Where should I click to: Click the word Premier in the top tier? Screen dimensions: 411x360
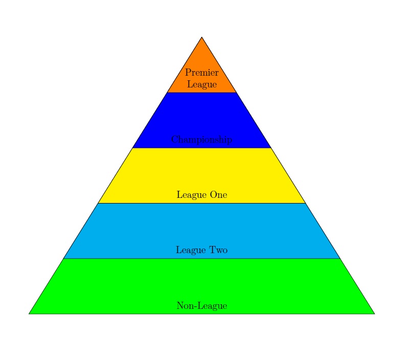pos(201,73)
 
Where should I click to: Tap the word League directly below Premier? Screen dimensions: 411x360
pos(201,84)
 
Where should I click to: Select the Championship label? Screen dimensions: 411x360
pos(201,140)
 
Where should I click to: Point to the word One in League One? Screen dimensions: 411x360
pos(217,195)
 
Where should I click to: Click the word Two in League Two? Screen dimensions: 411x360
pos(217,250)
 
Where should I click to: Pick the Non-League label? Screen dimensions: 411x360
pos(201,306)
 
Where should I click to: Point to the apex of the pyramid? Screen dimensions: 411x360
pos(201,37)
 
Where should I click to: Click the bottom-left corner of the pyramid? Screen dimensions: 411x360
pos(30,313)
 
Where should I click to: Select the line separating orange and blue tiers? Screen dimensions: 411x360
pos(201,93)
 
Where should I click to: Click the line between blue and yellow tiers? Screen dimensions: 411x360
pos(201,148)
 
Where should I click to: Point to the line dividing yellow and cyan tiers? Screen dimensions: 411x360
pos(201,203)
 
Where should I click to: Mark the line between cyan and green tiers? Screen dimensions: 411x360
pos(201,258)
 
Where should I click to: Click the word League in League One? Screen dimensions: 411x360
pos(190,195)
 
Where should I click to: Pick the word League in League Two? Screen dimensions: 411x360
pos(190,250)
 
